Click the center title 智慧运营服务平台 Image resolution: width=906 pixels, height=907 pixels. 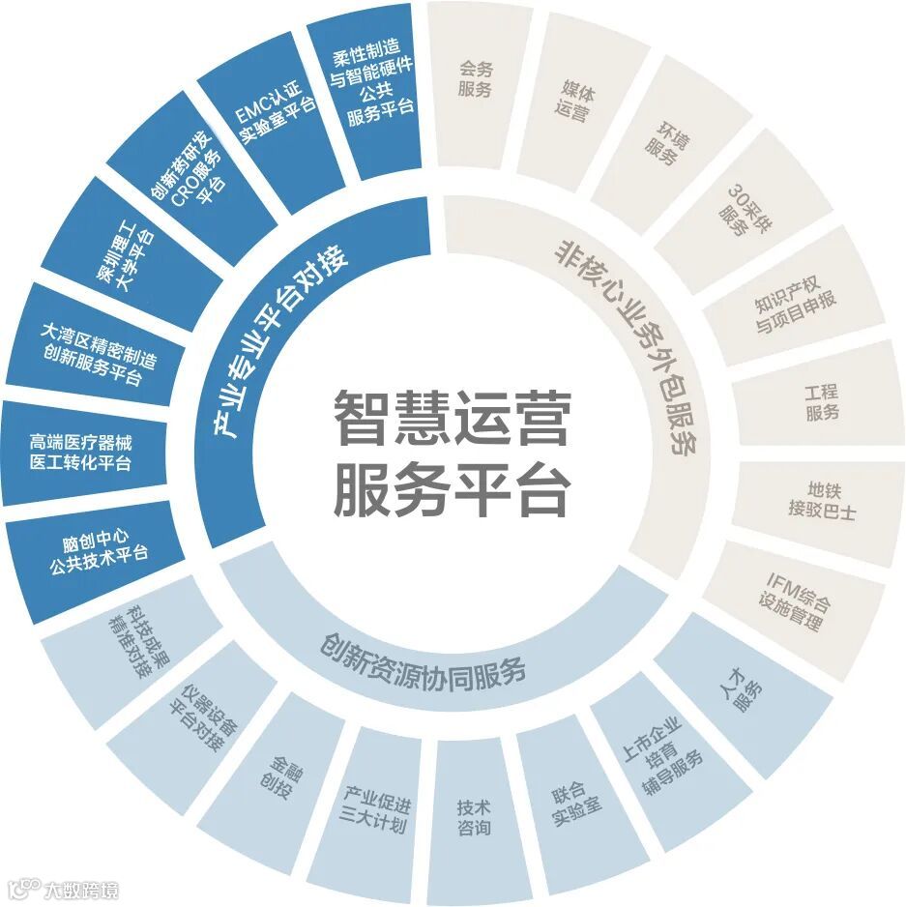tap(452, 453)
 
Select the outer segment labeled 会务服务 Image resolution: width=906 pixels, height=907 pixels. tap(476, 80)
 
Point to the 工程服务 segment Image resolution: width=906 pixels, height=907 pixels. tap(821, 403)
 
